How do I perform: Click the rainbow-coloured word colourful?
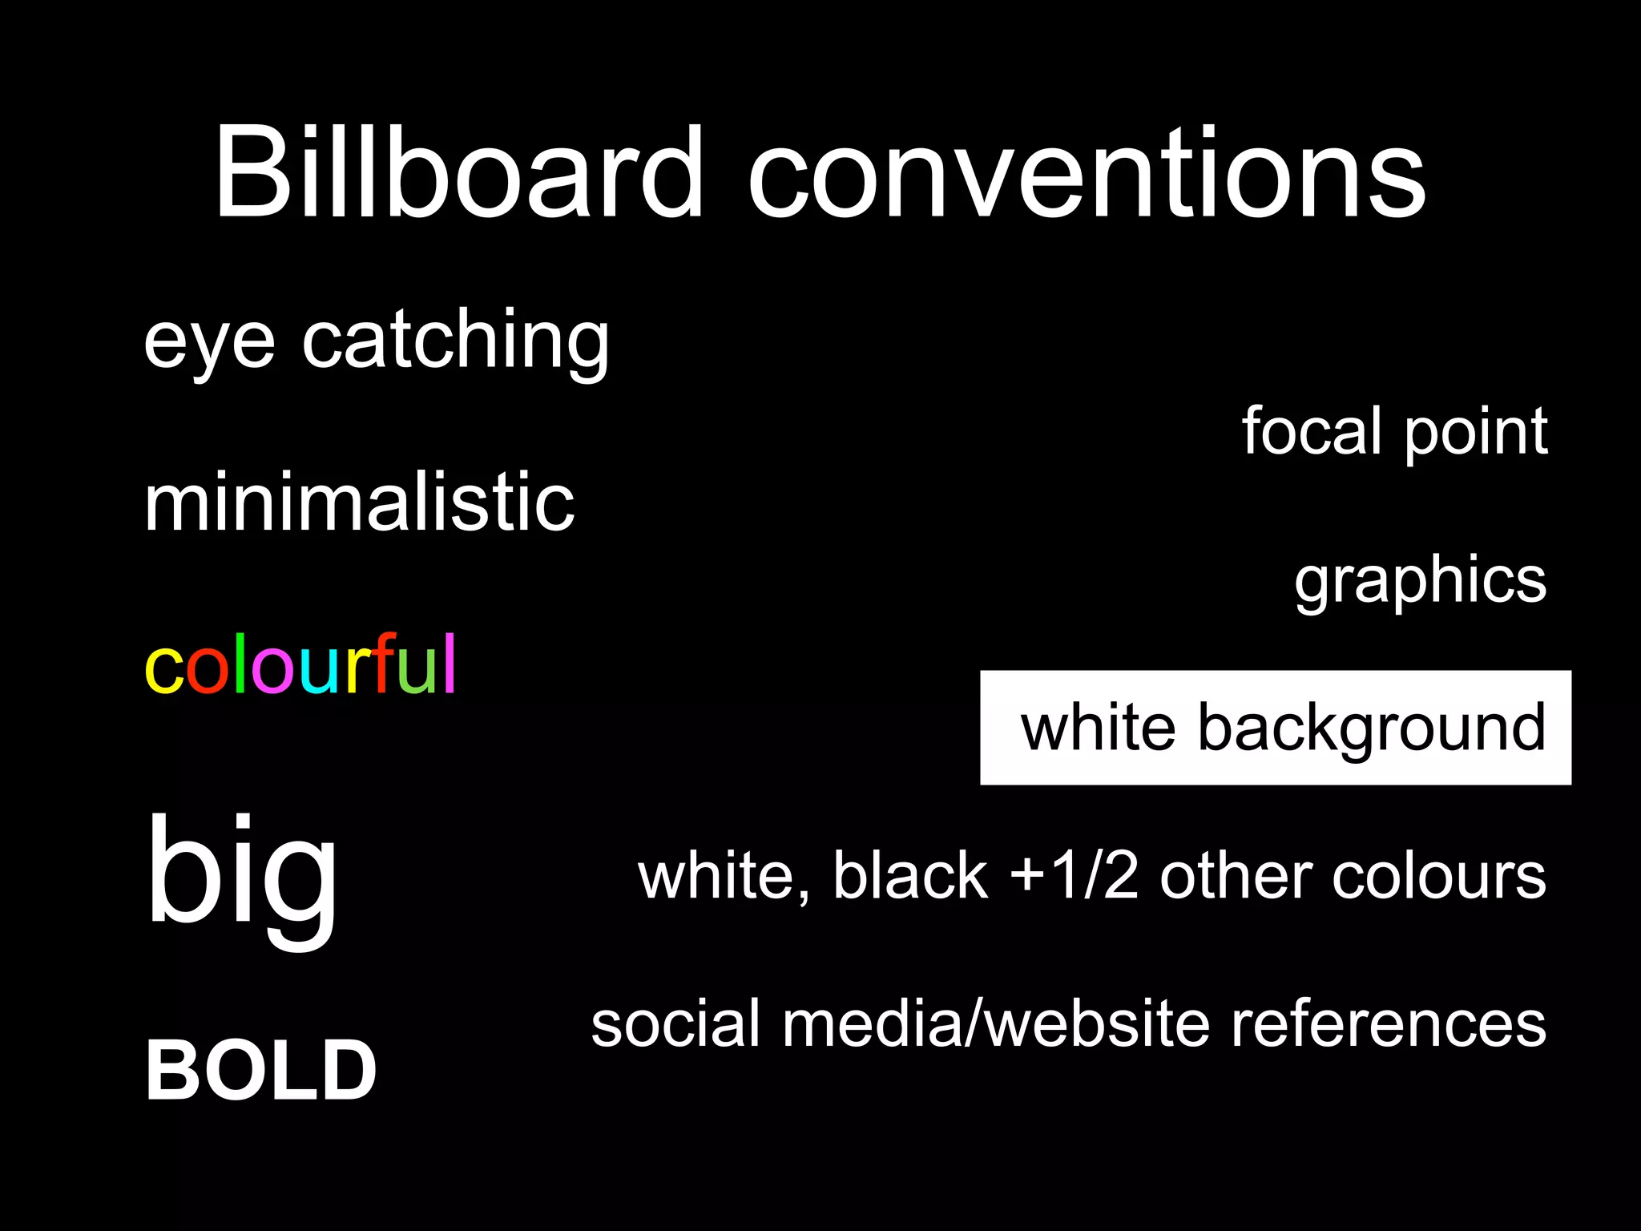click(x=300, y=664)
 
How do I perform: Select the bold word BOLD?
click(x=261, y=1071)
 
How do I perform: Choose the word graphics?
click(x=1421, y=581)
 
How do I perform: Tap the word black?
click(x=910, y=875)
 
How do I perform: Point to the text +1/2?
click(x=1074, y=876)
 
